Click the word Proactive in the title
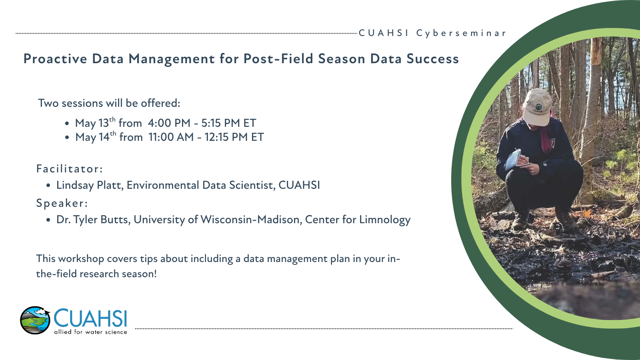point(55,59)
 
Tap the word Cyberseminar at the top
point(461,34)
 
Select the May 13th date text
point(95,123)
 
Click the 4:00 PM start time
point(169,123)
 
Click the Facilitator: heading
point(70,169)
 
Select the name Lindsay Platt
point(90,186)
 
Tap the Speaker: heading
point(62,203)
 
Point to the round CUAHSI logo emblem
point(35,320)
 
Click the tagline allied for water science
point(90,332)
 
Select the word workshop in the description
point(81,259)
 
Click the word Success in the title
point(432,59)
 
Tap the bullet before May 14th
point(67,138)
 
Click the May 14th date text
point(96,137)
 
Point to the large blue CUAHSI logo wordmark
point(90,318)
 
